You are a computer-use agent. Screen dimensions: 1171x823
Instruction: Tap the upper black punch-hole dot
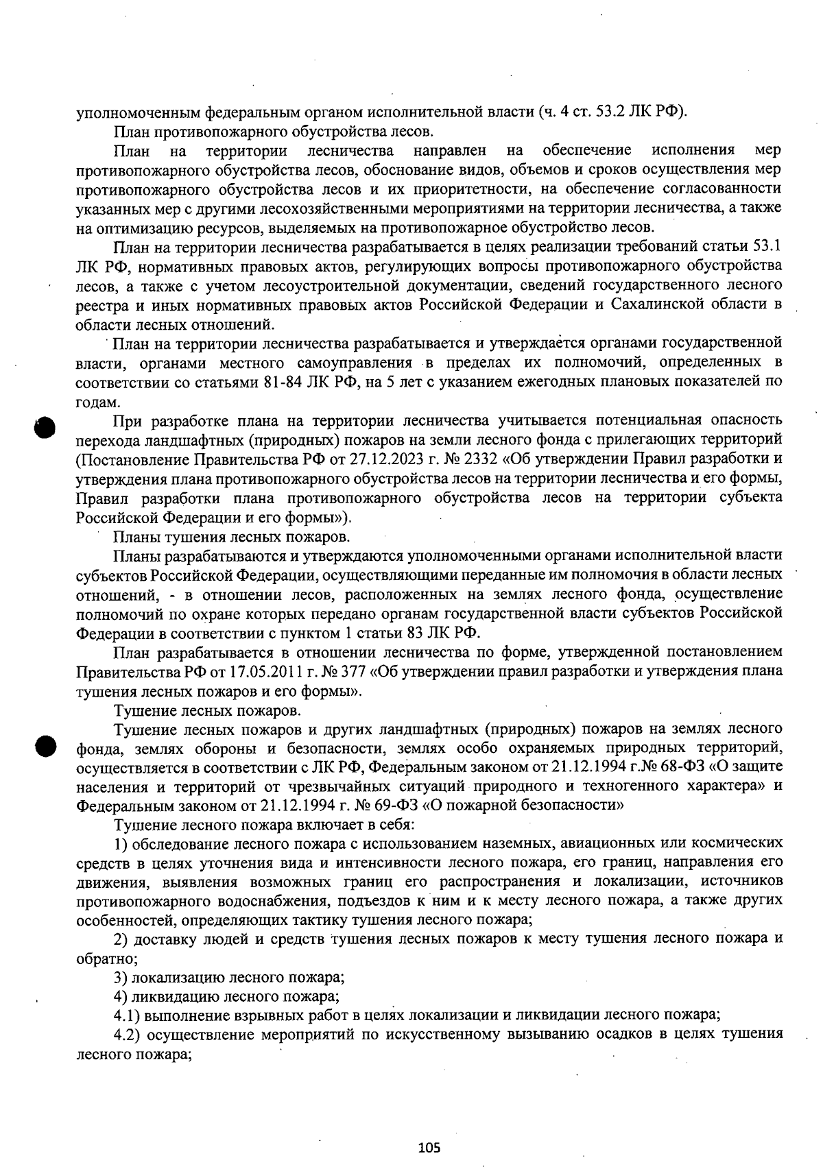click(45, 427)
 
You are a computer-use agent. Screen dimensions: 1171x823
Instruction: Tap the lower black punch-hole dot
click(45, 747)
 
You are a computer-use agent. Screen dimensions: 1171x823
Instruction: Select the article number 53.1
click(767, 247)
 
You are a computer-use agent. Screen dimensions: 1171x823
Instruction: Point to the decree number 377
click(348, 671)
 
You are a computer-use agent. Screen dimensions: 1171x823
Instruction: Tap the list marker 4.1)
click(126, 1015)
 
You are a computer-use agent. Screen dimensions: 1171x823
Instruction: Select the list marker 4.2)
click(126, 1034)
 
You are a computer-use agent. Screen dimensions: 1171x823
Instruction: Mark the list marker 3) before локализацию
click(120, 976)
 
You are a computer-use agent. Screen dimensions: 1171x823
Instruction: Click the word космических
click(738, 842)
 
